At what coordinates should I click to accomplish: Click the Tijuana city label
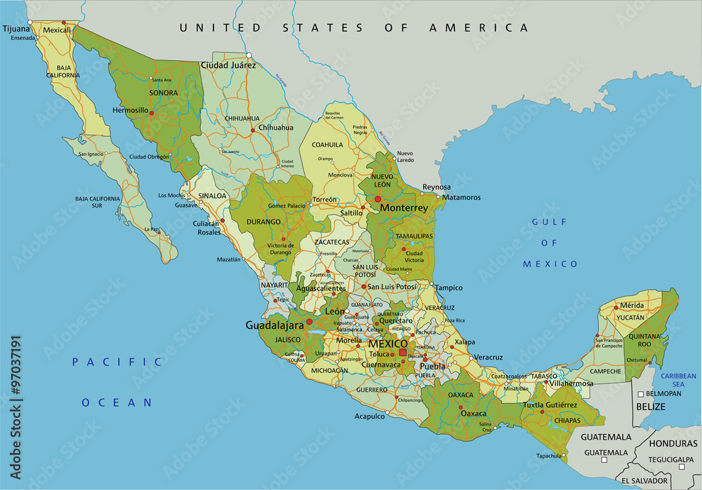click(17, 29)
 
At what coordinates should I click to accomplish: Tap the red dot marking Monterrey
click(378, 199)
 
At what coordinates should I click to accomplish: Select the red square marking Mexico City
click(402, 353)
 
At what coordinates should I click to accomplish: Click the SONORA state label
click(163, 93)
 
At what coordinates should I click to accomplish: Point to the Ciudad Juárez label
click(229, 64)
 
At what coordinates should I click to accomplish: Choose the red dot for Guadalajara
click(309, 322)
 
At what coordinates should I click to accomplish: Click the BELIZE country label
click(650, 406)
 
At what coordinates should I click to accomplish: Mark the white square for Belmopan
click(640, 394)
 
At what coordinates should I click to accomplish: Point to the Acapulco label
click(369, 416)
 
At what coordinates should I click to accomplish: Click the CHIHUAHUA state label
click(242, 118)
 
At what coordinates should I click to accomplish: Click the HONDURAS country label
click(673, 444)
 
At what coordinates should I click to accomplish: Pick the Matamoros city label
click(461, 198)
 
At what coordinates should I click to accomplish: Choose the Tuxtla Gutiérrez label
click(550, 405)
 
